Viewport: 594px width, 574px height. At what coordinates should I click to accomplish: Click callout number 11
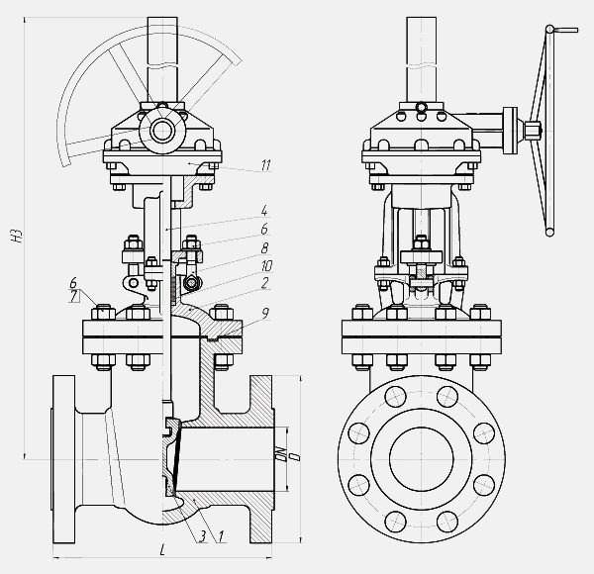pos(266,165)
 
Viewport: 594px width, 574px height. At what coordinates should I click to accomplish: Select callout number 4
pos(264,211)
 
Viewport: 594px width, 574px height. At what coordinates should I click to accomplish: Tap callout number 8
pos(264,248)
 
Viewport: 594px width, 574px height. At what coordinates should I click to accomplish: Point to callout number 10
pos(266,266)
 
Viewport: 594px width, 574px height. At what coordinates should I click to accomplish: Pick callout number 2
pos(264,283)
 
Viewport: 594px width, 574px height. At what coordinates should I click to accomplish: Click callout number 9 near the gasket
pos(265,314)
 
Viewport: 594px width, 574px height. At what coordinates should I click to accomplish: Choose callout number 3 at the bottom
pos(203,536)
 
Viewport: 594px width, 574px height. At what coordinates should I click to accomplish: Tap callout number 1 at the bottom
pos(221,536)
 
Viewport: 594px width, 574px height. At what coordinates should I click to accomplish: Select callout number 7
pos(73,296)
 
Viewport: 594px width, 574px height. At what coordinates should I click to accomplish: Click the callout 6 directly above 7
pos(73,283)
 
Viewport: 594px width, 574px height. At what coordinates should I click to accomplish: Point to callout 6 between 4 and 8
pos(264,229)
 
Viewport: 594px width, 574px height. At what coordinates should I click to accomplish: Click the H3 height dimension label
pos(17,237)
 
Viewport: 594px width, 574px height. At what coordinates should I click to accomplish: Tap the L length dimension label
pos(162,550)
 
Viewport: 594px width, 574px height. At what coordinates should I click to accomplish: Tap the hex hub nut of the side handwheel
pos(532,130)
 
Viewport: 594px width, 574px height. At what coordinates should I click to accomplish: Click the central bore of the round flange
pos(422,459)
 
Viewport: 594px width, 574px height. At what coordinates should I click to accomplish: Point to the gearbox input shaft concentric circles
pos(162,131)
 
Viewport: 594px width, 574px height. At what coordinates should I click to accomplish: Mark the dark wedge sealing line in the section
pos(176,457)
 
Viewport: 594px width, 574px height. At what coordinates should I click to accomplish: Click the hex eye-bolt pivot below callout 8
pos(192,282)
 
